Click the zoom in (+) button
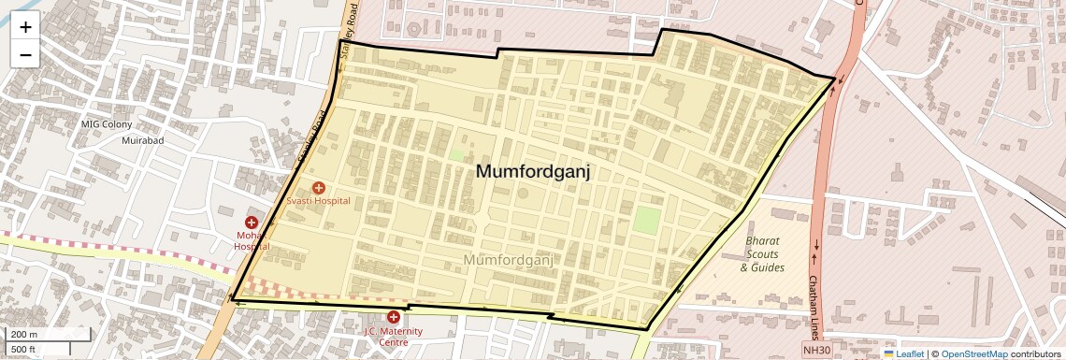pos(25,26)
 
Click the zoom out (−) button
pos(25,54)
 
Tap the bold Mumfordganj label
pos(533,172)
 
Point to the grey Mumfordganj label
pos(510,259)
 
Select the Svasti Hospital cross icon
pos(318,188)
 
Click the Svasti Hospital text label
pos(318,201)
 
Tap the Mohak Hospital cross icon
pos(252,223)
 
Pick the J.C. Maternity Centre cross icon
pos(394,317)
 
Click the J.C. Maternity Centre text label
pos(394,337)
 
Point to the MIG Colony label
pos(107,124)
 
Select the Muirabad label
pos(143,140)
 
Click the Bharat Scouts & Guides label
pos(762,254)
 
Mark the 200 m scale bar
pos(48,335)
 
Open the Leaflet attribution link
pos(910,353)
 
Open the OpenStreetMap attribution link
pos(973,353)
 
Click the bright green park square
pos(647,221)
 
